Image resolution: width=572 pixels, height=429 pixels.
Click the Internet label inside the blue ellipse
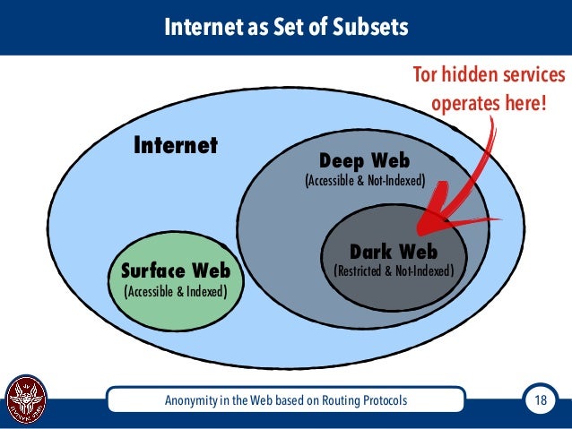176,145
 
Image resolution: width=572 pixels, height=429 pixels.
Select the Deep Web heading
364,161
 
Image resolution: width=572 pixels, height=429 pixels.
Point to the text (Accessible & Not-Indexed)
364,181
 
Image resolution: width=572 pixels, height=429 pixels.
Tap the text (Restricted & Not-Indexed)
394,270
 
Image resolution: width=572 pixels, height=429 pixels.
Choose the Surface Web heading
175,270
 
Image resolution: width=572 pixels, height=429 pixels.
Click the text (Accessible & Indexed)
175,291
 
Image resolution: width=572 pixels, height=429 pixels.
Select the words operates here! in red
489,104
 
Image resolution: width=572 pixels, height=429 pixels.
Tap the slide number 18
540,399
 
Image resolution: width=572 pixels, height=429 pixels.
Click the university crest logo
26,400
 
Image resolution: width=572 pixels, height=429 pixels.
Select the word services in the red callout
533,74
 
